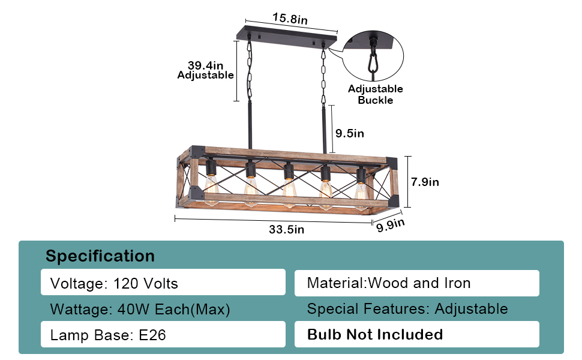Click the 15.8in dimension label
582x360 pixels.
pos(290,19)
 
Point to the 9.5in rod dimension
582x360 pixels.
pos(350,133)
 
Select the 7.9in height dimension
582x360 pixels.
pos(424,182)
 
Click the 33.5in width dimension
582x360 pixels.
pos(286,229)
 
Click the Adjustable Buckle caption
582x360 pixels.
pos(376,95)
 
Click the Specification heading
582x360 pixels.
pos(100,256)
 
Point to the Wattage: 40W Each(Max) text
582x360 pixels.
pos(140,310)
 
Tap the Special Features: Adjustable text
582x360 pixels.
pos(407,309)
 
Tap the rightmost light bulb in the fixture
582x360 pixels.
pos(361,191)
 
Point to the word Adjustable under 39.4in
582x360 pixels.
pos(206,76)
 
